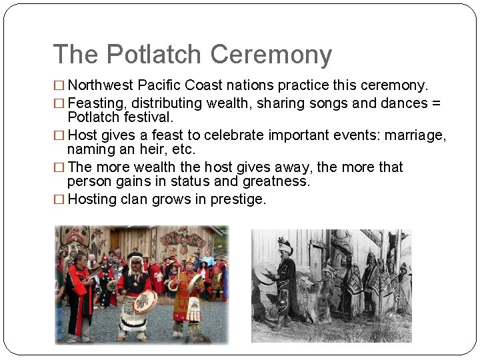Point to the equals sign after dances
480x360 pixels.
(x=435, y=103)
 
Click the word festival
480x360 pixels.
(x=147, y=117)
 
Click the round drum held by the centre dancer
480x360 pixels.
(x=145, y=301)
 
